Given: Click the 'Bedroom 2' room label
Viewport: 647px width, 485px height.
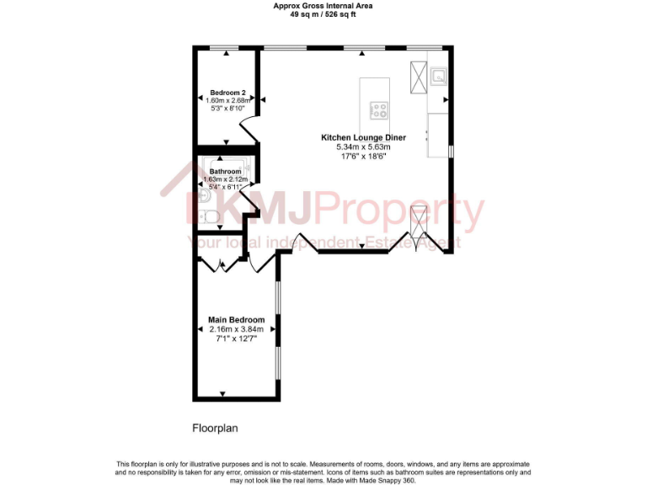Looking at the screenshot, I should [x=227, y=93].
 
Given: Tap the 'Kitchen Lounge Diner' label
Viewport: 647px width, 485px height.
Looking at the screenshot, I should [x=363, y=137].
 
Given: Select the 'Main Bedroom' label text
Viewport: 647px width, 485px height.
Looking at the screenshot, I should [x=237, y=320].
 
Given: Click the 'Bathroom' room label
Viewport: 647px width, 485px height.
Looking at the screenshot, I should [x=225, y=172].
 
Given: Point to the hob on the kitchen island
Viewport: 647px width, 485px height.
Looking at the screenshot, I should [x=379, y=109].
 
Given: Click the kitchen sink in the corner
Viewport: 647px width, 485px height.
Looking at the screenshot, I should [x=438, y=77].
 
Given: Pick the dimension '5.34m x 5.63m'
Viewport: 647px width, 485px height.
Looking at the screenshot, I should [x=363, y=147].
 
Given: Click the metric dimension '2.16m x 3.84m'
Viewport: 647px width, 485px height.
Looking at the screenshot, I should [x=237, y=329].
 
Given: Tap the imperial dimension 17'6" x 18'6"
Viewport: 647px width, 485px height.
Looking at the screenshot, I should [x=363, y=156].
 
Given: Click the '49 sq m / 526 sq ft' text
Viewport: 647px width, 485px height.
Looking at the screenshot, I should [x=323, y=14].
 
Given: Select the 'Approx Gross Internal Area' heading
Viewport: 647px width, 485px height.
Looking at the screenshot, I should [x=323, y=6].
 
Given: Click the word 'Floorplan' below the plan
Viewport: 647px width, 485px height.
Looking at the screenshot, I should [x=216, y=428].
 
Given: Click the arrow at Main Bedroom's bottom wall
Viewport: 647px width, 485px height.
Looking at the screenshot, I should [x=222, y=393].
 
